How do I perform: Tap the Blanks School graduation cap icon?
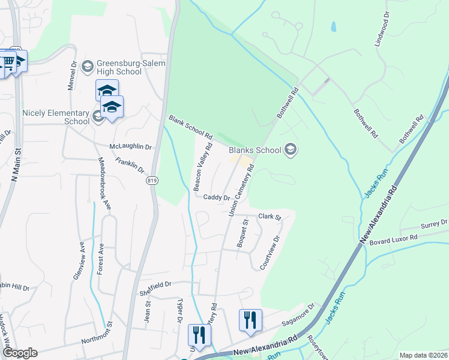291,149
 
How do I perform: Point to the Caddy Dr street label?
217,197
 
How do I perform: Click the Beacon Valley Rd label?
203,167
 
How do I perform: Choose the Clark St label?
270,217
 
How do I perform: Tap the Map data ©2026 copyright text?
423,355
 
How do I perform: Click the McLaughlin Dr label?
131,146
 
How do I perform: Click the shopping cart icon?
8,61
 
